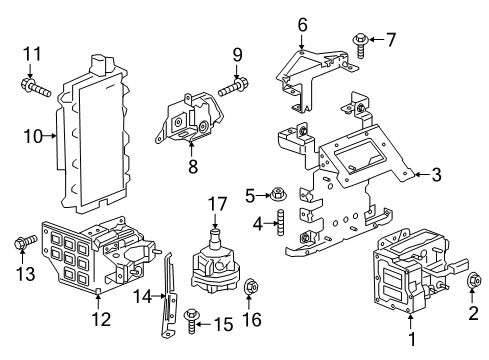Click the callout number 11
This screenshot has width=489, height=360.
point(31,54)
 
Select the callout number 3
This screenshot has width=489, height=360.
point(435,175)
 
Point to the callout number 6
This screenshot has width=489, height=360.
point(301,24)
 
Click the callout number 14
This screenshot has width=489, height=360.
point(142,296)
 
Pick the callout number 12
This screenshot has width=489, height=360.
point(99,320)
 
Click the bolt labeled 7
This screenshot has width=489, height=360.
point(358,41)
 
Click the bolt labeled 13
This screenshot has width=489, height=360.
point(24,242)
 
